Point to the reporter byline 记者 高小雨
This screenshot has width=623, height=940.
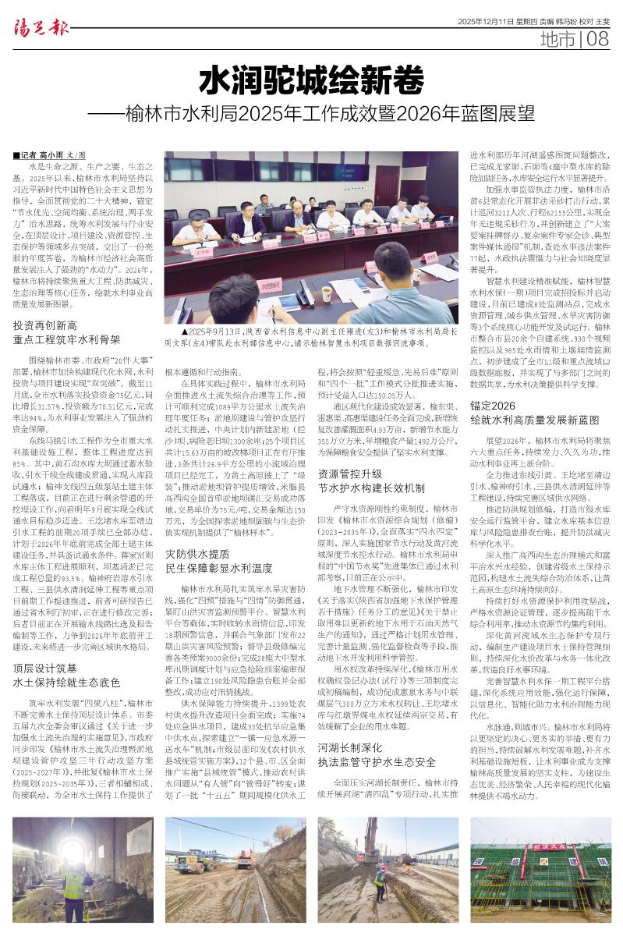click(49, 155)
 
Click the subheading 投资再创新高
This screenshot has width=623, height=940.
click(45, 325)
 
